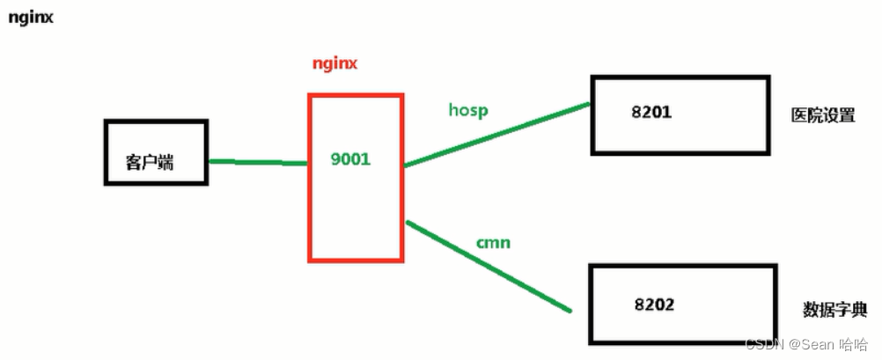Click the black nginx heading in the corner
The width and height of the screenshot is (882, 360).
31,17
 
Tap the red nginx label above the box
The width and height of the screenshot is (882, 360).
335,64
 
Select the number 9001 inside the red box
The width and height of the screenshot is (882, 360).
350,161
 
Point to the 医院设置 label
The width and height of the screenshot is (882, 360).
823,115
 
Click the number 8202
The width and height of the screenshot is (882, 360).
654,305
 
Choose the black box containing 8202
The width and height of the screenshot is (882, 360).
683,326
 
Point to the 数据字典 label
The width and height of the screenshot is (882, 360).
835,309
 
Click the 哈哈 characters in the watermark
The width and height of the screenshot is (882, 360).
854,343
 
